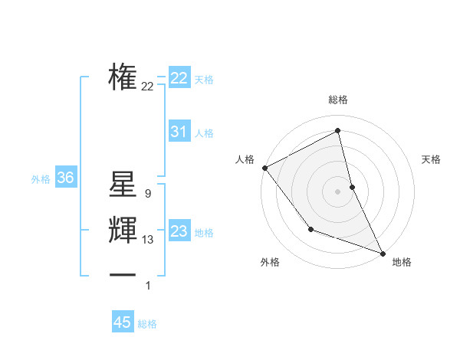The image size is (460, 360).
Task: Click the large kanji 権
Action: point(123,77)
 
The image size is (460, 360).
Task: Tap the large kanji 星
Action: point(123,185)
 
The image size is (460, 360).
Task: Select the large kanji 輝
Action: point(123,231)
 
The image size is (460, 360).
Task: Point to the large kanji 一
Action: point(123,276)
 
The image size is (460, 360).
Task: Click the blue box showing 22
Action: point(179,78)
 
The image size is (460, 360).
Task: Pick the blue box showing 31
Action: point(179,132)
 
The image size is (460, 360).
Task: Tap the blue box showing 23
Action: point(179,231)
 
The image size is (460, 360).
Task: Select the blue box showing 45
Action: point(123,322)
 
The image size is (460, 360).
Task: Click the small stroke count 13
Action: point(147,240)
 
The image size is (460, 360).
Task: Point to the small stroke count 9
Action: point(147,194)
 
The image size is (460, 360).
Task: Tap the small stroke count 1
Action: point(148,286)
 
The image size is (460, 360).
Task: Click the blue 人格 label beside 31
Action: point(204,133)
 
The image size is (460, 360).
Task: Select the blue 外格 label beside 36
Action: point(41,179)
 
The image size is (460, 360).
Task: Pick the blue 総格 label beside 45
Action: point(147,324)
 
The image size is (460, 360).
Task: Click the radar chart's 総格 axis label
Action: point(337,100)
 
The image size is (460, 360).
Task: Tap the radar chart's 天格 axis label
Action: point(431,159)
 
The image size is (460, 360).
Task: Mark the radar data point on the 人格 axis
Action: point(264,168)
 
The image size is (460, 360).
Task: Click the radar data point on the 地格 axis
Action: point(383,253)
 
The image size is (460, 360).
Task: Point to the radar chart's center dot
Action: point(337,191)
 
